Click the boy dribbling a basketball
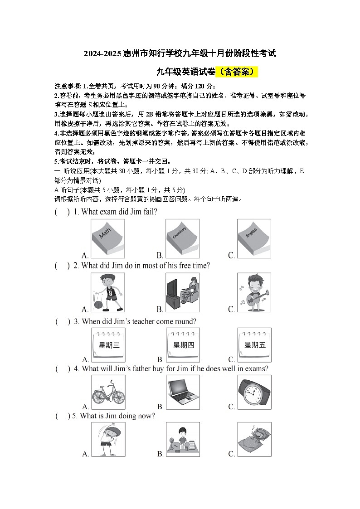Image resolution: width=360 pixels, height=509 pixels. [x=108, y=292]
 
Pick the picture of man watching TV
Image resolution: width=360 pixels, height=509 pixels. [x=182, y=292]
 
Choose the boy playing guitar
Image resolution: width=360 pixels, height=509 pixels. [x=254, y=292]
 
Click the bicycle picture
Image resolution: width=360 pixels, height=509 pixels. [x=108, y=393]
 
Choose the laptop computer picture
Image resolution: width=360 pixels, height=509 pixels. [x=182, y=393]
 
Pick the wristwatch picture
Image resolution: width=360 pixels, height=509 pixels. [x=254, y=393]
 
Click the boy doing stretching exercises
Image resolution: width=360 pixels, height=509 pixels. [x=108, y=439]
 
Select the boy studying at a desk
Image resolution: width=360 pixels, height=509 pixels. [x=182, y=439]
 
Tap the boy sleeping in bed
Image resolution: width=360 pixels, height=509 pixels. [x=254, y=439]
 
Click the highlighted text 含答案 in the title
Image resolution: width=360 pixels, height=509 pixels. [x=238, y=72]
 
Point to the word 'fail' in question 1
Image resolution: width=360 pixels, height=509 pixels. [x=149, y=212]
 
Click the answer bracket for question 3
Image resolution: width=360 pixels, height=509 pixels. [x=63, y=321]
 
